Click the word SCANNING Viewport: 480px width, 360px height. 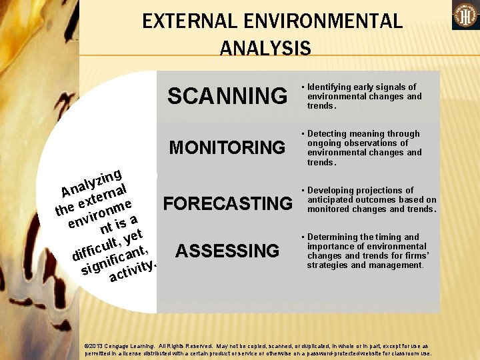227,96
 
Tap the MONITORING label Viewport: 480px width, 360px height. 227,147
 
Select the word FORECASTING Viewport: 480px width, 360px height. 229,203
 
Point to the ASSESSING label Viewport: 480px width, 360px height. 227,251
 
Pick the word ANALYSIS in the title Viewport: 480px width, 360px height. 265,48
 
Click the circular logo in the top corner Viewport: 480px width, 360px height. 465,15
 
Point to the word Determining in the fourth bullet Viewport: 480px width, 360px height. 335,237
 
